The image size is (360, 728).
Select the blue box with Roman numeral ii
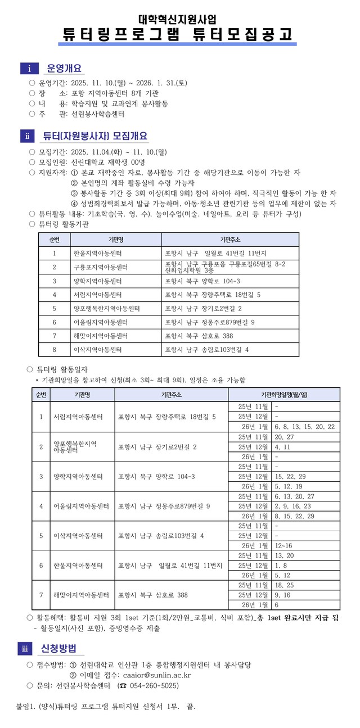point(28,136)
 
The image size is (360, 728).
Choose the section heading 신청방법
point(58,649)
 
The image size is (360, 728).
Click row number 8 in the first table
point(54,350)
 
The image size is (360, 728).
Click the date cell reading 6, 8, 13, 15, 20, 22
point(304,427)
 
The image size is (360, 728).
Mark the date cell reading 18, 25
point(283,585)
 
